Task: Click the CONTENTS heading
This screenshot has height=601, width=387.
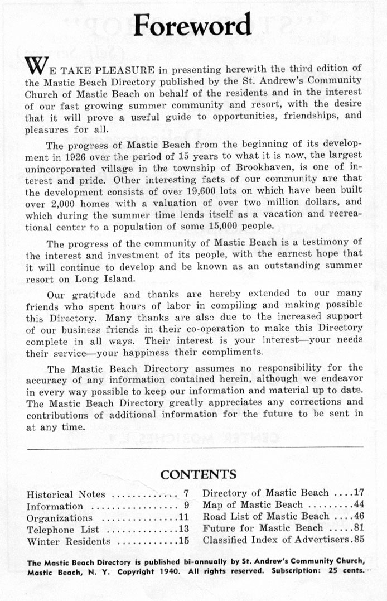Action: pyautogui.click(x=198, y=474)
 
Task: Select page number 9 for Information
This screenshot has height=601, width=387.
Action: pyautogui.click(x=186, y=507)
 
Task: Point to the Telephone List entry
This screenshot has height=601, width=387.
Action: pyautogui.click(x=62, y=529)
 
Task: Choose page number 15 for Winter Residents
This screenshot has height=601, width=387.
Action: pyautogui.click(x=184, y=541)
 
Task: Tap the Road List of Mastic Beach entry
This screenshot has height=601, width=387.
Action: pyautogui.click(x=265, y=516)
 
